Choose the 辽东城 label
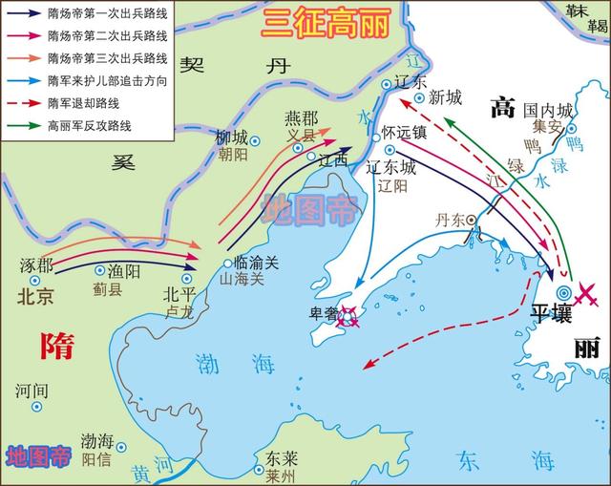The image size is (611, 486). pos(391,166)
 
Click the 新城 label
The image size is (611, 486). pos(446,96)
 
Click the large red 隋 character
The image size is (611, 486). pos(56,346)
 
